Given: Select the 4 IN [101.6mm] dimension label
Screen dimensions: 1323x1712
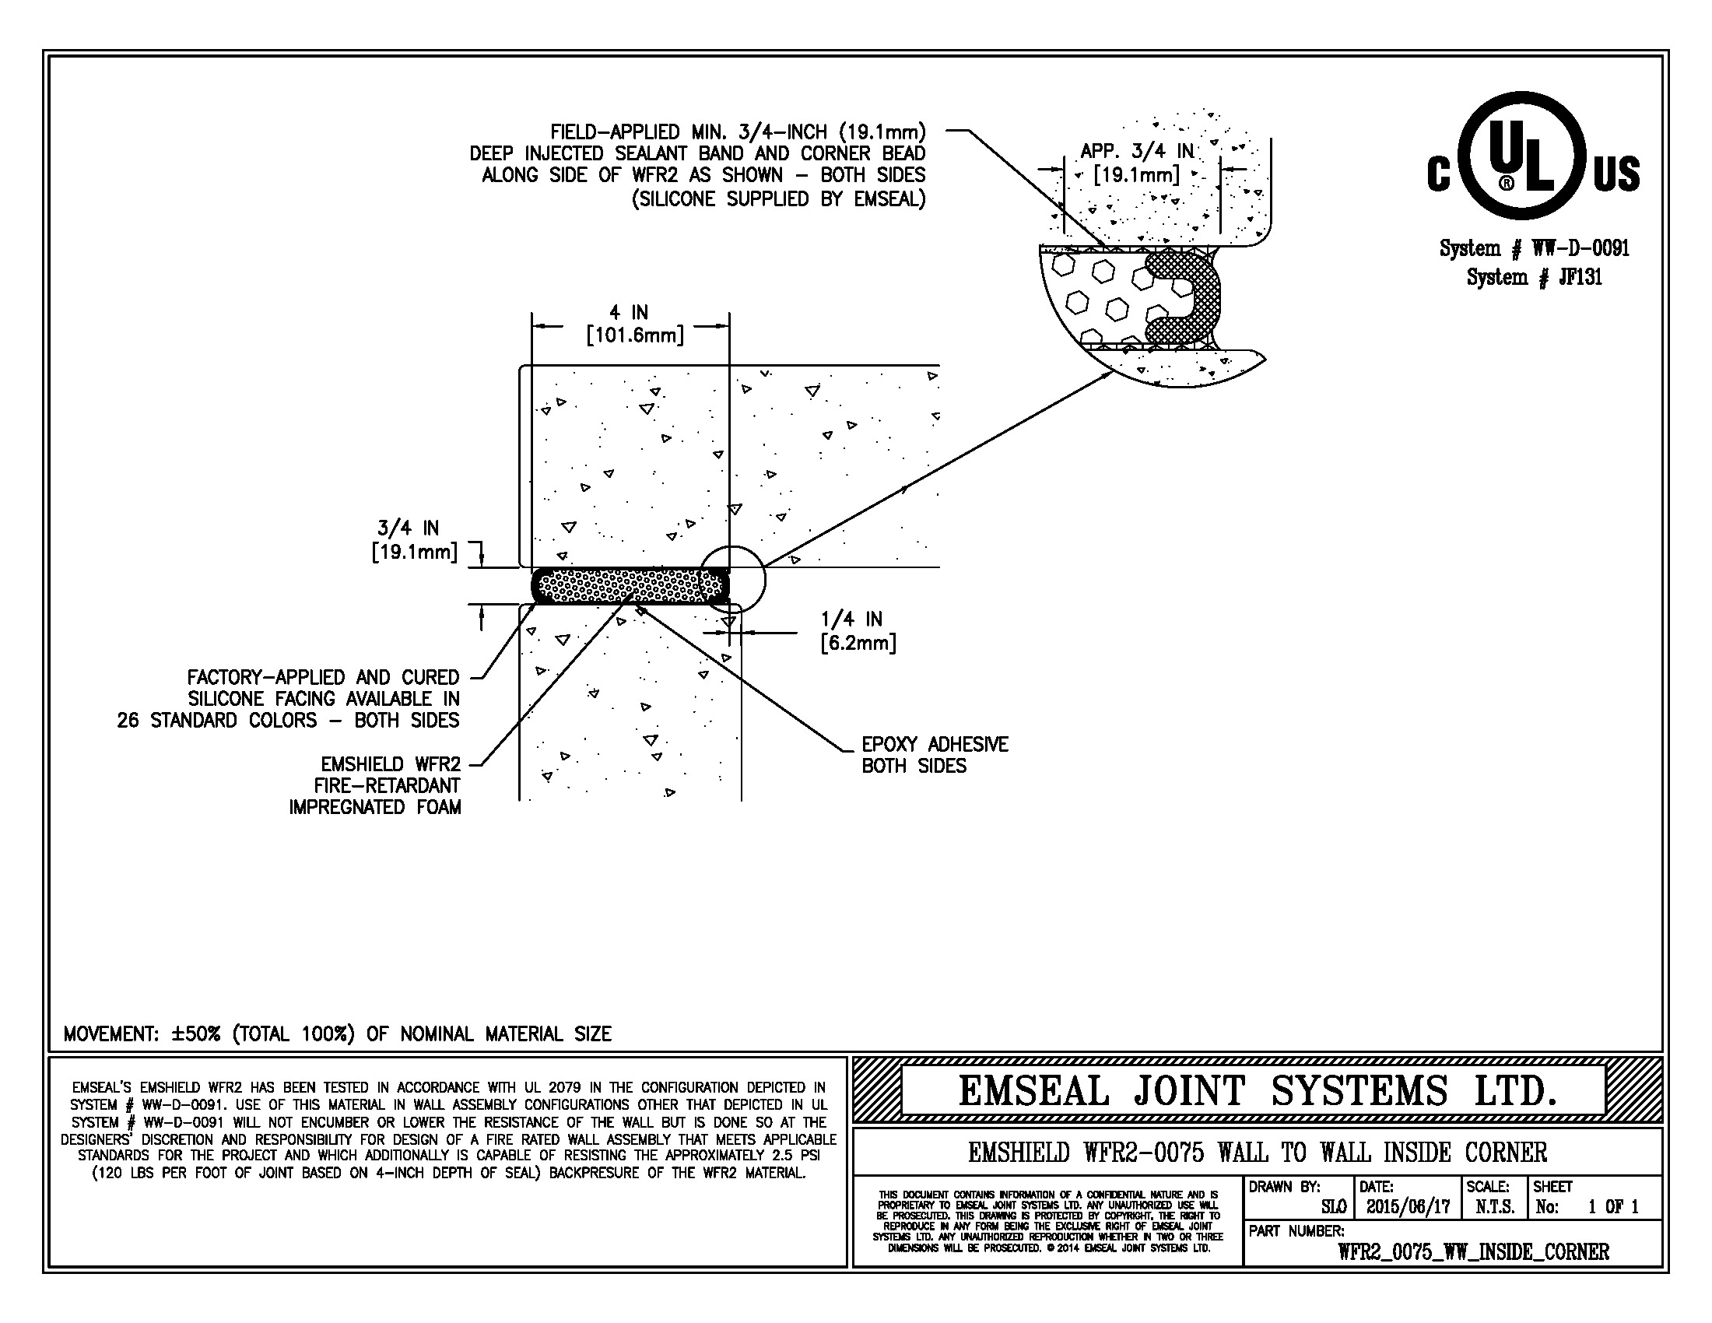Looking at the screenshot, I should [x=634, y=325].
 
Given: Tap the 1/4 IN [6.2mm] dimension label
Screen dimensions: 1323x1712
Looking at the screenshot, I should [x=858, y=631].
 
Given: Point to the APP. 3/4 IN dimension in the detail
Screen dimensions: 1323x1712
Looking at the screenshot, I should [x=1137, y=162].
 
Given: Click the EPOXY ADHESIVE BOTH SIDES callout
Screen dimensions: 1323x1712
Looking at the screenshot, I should [x=935, y=755].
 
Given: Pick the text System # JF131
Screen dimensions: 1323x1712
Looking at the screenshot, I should [x=1534, y=277].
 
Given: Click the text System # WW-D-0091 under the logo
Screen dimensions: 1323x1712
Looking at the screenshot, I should [x=1534, y=248].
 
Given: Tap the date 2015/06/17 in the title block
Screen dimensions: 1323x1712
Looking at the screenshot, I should [x=1408, y=1207].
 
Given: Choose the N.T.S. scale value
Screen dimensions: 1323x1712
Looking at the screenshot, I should [x=1495, y=1207].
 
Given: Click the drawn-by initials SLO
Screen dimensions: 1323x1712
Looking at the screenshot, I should [x=1333, y=1207].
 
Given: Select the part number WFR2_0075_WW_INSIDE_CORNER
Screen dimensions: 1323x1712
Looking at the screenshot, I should [x=1474, y=1251].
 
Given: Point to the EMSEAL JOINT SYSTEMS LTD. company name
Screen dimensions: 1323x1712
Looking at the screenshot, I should [x=1257, y=1091].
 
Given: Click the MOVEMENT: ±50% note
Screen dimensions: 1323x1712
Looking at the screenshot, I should [x=337, y=1033].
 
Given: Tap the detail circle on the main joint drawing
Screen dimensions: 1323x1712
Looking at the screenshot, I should [x=731, y=579].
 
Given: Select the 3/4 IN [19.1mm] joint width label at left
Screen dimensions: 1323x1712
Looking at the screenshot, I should [x=414, y=541].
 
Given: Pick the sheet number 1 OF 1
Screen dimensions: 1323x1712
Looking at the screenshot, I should [x=1613, y=1207].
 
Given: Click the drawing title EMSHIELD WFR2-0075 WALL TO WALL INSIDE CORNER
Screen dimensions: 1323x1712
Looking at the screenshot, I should [x=1258, y=1152].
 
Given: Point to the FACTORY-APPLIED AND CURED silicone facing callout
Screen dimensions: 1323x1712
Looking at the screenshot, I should [x=323, y=698].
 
